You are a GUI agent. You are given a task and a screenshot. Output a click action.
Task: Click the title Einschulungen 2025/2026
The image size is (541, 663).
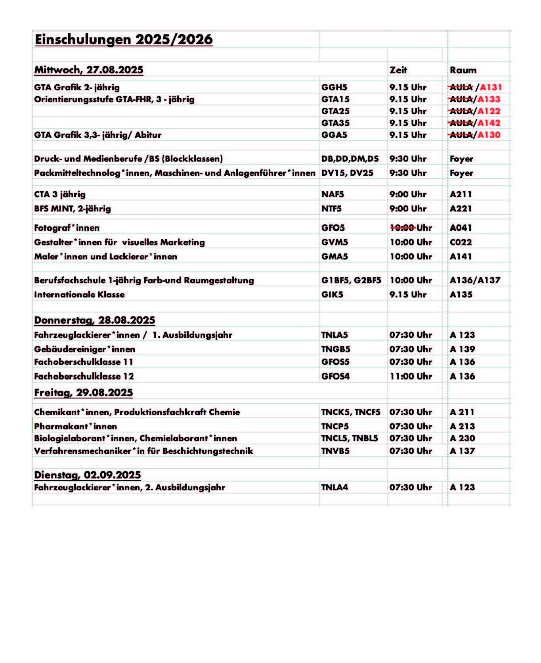(124, 40)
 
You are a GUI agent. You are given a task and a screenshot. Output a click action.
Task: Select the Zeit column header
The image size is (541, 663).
(398, 70)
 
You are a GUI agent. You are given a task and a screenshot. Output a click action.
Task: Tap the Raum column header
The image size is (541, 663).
(463, 70)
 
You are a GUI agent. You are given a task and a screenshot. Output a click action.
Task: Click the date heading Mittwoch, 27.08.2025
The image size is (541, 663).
(89, 70)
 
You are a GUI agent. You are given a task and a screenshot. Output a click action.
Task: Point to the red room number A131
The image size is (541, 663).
(491, 87)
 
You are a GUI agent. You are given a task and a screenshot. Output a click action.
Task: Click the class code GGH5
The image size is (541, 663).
(334, 87)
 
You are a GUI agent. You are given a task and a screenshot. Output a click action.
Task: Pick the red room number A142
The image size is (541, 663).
(489, 123)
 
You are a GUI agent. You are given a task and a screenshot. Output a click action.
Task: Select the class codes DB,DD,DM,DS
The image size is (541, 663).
(350, 158)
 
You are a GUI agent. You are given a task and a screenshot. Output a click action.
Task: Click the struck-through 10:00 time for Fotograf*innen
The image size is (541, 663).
(403, 227)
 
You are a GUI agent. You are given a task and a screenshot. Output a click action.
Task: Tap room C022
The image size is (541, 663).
(461, 242)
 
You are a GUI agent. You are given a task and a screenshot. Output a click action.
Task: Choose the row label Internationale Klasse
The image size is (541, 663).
(79, 294)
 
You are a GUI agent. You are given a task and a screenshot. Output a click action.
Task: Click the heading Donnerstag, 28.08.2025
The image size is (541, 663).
(95, 320)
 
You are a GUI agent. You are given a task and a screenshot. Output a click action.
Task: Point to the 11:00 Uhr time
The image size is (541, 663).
(411, 376)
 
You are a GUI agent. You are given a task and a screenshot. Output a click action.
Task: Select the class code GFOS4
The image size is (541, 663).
(335, 376)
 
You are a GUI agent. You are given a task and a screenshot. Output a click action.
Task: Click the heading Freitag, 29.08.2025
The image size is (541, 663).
(84, 392)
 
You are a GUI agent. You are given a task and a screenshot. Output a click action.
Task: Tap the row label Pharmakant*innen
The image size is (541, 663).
(75, 426)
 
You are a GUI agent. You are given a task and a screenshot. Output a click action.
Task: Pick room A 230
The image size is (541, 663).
(462, 438)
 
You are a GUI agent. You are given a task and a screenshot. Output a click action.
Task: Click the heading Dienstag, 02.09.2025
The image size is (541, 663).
(88, 474)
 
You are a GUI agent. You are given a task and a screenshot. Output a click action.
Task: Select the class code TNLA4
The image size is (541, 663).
(335, 487)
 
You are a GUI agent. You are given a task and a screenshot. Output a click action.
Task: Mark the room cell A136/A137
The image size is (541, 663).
(475, 280)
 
